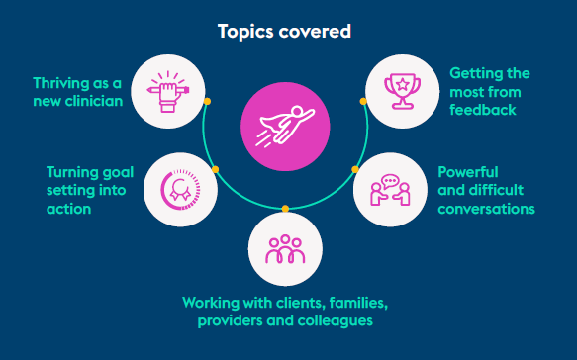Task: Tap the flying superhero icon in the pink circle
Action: pos(286,126)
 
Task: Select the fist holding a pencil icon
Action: pos(168,92)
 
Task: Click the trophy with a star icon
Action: pos(402,92)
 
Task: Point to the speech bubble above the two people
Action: pos(390,181)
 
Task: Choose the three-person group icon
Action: pos(285,249)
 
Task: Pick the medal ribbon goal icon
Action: pos(180,190)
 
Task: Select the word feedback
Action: pos(483,110)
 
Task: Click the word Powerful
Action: pos(468,172)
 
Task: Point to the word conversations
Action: pos(487,209)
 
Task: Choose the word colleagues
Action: pos(336,321)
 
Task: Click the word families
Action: pos(358,303)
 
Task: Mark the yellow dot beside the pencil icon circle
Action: pos(207,101)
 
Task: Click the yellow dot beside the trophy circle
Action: pos(363,101)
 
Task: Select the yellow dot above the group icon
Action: pos(285,209)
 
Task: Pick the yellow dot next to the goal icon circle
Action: pos(216,169)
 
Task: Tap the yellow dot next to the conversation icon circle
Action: pos(355,169)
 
